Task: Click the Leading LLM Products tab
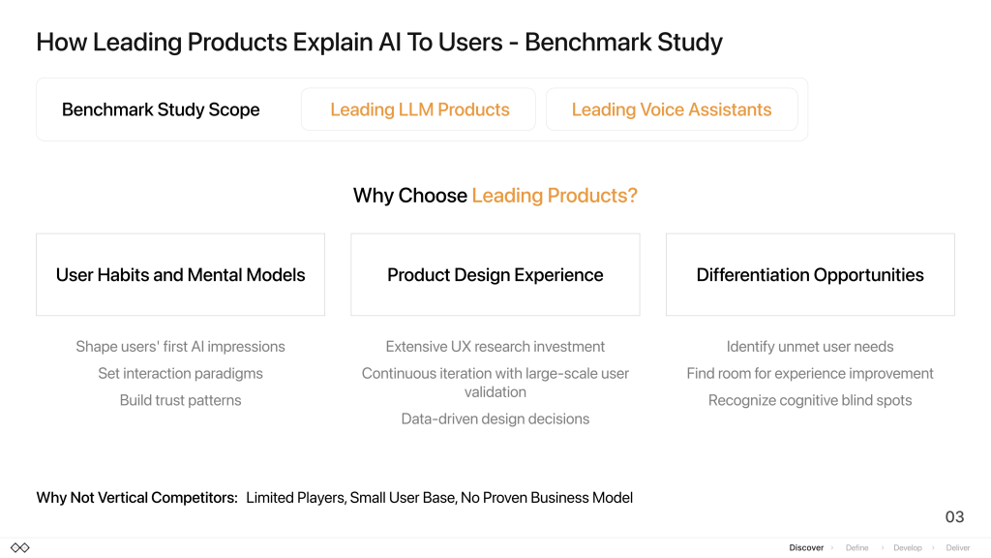(x=418, y=109)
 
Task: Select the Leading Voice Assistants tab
(x=672, y=109)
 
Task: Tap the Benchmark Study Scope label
(x=161, y=110)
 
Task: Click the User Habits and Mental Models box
(x=180, y=274)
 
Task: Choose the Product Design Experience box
(x=495, y=274)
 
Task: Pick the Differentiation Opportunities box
(x=810, y=274)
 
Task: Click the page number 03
(x=954, y=517)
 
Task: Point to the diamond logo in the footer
(x=20, y=548)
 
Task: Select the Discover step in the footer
(x=806, y=548)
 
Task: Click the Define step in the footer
(x=857, y=548)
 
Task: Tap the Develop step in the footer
(x=908, y=548)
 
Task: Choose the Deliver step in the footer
(x=957, y=548)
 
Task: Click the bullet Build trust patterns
(x=180, y=400)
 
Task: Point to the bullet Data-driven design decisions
(x=495, y=418)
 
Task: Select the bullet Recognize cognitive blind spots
(x=810, y=400)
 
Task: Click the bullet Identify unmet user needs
(x=810, y=347)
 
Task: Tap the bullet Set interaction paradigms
(x=180, y=373)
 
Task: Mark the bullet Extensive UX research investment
(x=495, y=347)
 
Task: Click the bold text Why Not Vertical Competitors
(x=136, y=498)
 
